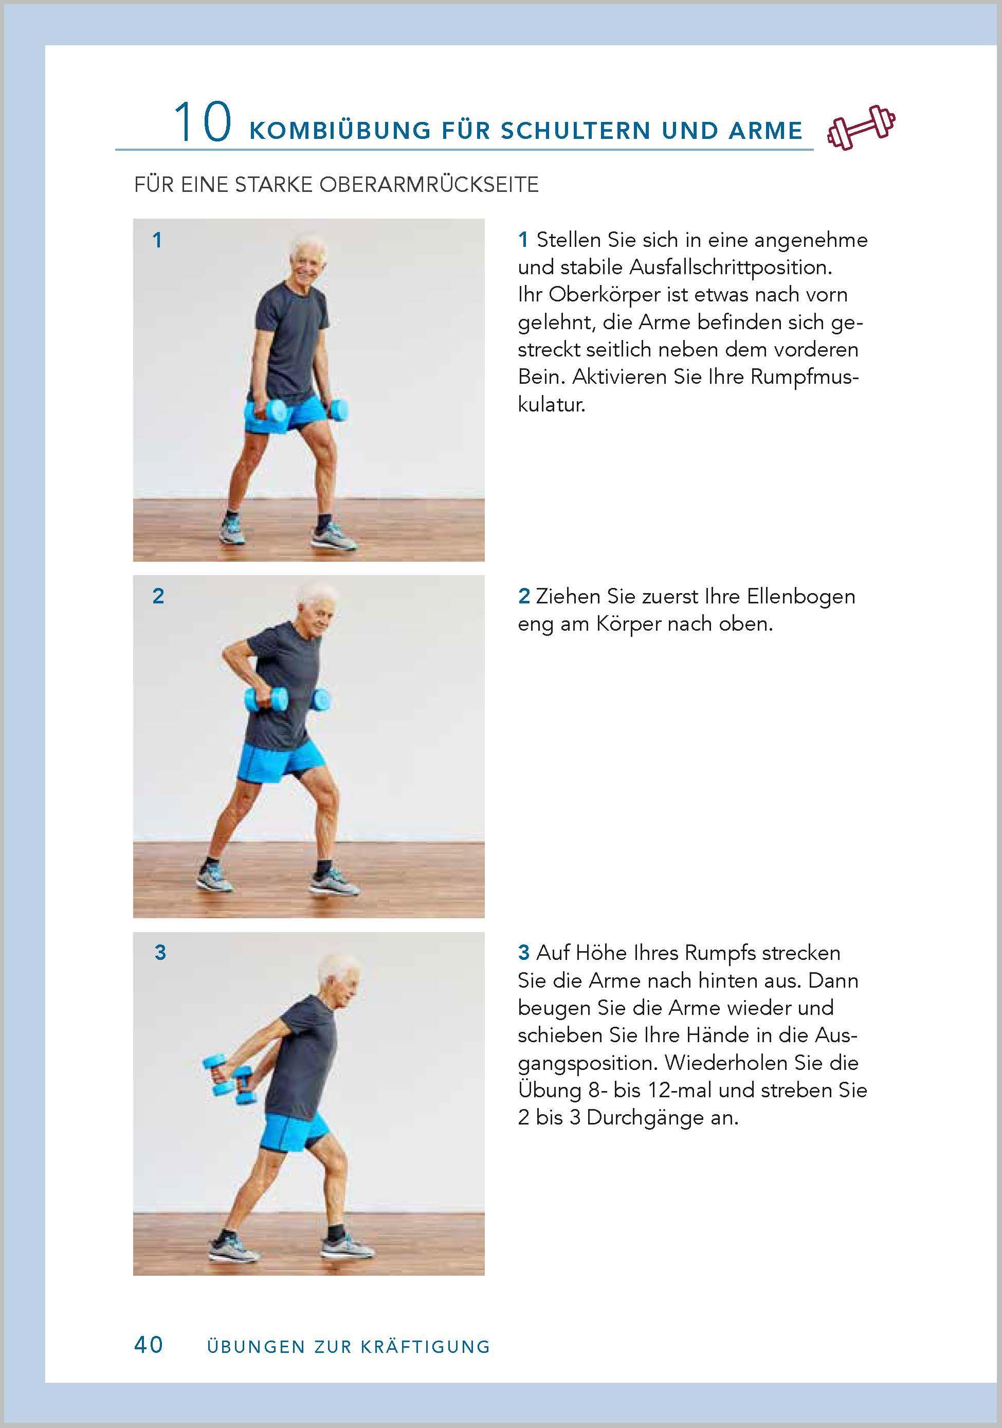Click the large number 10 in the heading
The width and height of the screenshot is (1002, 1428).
click(203, 123)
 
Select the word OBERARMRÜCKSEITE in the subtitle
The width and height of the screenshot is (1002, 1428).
click(428, 185)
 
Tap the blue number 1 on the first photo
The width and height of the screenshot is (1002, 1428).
click(157, 240)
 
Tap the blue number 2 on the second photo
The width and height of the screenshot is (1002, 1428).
click(158, 596)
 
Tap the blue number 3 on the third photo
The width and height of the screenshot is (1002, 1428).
click(160, 952)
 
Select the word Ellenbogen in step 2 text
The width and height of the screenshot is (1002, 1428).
click(800, 596)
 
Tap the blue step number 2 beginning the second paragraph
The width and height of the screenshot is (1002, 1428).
click(524, 596)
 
